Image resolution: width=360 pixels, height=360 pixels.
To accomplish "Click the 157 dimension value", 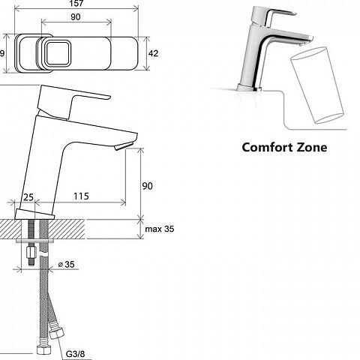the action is [76, 4].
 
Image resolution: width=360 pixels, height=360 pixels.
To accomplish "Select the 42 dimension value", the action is [153, 53].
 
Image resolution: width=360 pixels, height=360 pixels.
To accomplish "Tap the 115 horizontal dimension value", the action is [81, 196].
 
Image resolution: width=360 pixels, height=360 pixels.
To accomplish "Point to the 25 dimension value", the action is [28, 197].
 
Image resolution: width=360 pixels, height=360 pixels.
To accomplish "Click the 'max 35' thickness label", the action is [160, 229].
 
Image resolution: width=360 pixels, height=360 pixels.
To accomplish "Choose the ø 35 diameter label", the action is [66, 264].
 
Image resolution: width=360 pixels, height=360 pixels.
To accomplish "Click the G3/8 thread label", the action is [75, 354].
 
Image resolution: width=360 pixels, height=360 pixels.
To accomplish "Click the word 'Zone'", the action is [312, 147].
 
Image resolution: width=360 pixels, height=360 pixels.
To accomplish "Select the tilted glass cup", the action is [316, 85].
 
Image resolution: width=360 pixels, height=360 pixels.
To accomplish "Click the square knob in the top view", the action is [58, 53].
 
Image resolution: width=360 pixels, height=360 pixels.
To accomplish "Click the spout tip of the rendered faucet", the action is [307, 41].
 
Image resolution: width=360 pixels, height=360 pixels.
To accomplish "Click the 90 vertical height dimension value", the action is [147, 186].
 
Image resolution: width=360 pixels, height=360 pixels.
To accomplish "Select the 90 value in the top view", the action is [76, 17].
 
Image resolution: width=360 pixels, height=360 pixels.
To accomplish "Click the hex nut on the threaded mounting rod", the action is [31, 253].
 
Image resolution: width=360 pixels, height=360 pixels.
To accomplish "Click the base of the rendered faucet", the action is [250, 88].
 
